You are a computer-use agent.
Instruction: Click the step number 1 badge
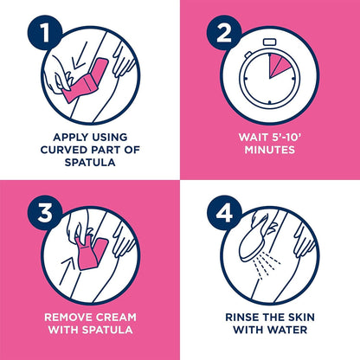click(x=45, y=33)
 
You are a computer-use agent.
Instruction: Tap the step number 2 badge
click(x=224, y=33)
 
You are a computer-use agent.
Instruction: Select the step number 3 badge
click(x=45, y=213)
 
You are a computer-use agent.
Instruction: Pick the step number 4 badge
click(x=224, y=213)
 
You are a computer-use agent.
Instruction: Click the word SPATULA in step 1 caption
click(x=90, y=162)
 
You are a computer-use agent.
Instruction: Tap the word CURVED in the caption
click(x=64, y=150)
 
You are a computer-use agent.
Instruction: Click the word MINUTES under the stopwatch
click(x=270, y=150)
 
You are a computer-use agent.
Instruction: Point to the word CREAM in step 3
click(x=116, y=318)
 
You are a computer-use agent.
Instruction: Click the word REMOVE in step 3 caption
click(x=68, y=318)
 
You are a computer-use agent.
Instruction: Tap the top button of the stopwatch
click(x=270, y=42)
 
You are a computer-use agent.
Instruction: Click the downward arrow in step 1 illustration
click(x=79, y=57)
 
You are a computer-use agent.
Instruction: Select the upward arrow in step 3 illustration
click(x=67, y=271)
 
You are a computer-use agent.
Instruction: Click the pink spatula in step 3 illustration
click(x=92, y=254)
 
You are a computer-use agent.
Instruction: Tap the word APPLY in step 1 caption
click(x=68, y=137)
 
